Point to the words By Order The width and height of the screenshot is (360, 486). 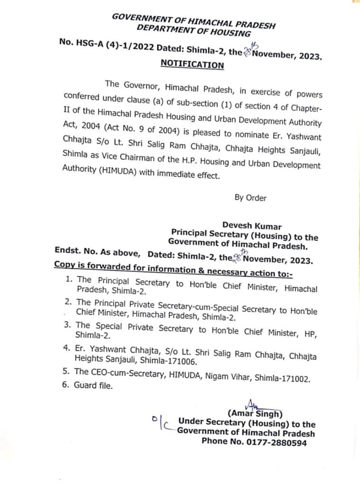(x=250, y=198)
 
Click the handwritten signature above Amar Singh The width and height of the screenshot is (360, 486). (x=249, y=404)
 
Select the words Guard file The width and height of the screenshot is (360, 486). (x=93, y=385)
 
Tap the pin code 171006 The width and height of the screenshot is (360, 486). (x=181, y=361)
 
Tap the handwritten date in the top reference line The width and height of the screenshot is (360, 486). (x=248, y=49)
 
